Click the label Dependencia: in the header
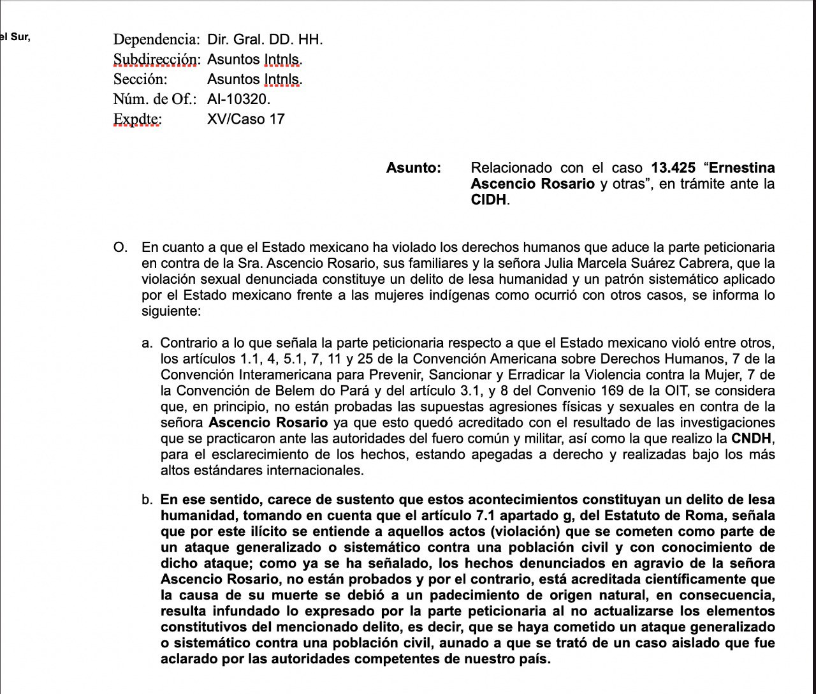pos(156,40)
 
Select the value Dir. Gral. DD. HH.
pos(265,40)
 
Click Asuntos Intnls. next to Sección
pos(255,79)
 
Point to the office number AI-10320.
pos(239,99)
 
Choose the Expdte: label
pos(137,119)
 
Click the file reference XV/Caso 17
pos(246,119)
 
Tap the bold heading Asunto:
pos(414,168)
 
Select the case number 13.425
pos(673,168)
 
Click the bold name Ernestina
pos(742,168)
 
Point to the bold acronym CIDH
pos(488,200)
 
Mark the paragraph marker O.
pos(119,247)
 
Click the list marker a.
pos(147,343)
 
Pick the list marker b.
pos(147,499)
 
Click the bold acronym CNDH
pos(752,439)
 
